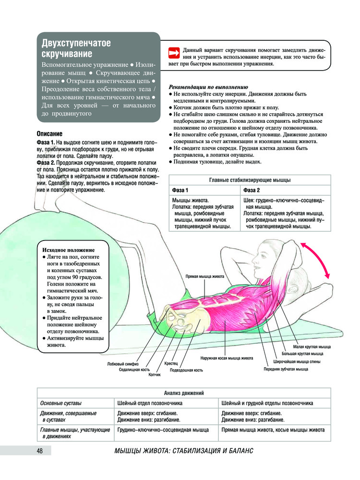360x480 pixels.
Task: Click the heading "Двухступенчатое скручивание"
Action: coord(76,48)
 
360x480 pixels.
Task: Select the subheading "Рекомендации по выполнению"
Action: coord(208,87)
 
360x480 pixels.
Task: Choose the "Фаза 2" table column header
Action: coord(252,191)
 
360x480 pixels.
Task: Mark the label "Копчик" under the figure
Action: coord(155,374)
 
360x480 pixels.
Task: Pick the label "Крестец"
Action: coord(172,364)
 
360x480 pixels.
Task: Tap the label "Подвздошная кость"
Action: coord(186,370)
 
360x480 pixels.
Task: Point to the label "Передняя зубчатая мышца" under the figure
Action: coord(286,369)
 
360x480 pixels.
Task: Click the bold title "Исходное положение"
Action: coord(69,250)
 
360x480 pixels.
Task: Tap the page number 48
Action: coord(40,451)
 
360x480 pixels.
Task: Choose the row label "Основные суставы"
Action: coord(60,402)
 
